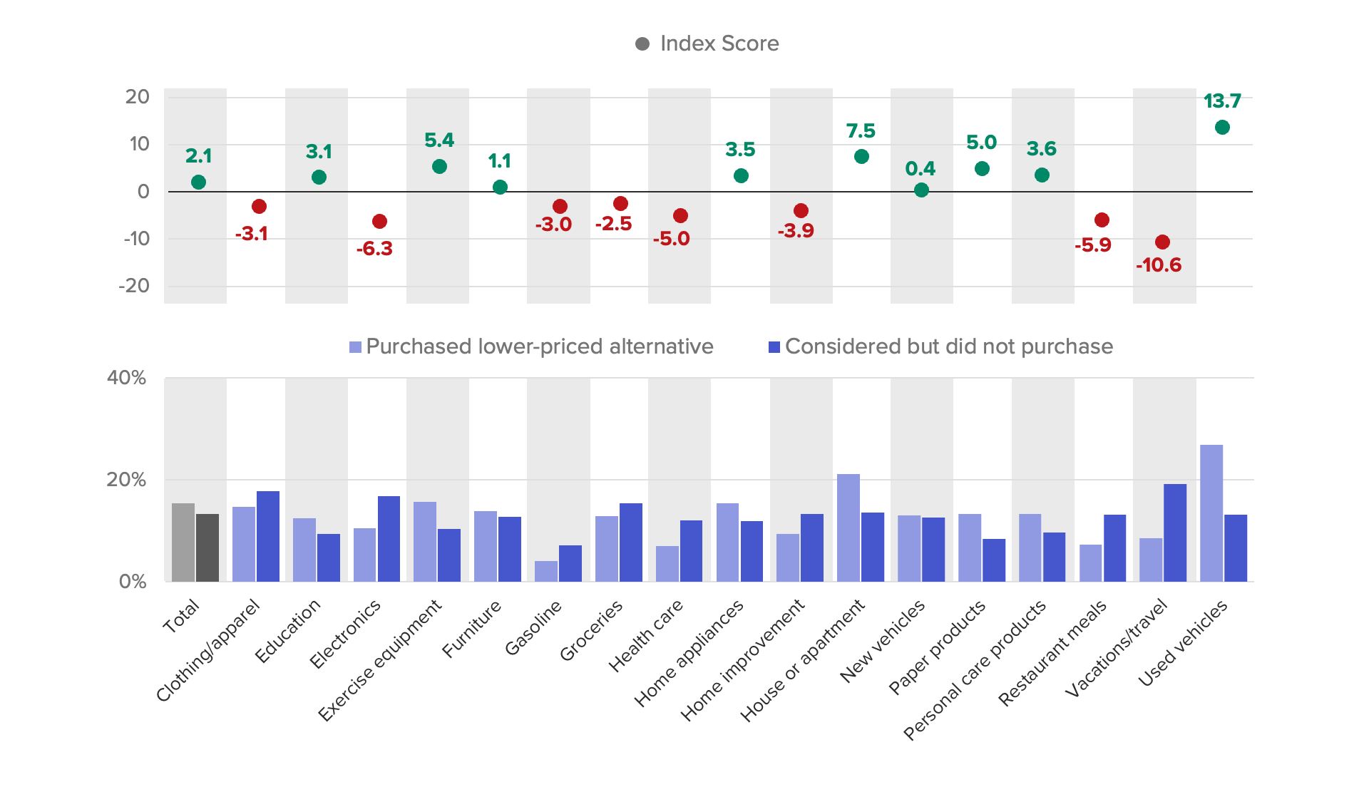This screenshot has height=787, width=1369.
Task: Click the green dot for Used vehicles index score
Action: click(x=1222, y=128)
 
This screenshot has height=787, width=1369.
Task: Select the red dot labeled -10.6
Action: click(x=1162, y=242)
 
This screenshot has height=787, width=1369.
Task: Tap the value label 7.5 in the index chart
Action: click(x=861, y=131)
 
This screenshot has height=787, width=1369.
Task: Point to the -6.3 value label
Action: click(x=374, y=249)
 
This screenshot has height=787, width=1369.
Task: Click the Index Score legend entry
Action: click(x=707, y=43)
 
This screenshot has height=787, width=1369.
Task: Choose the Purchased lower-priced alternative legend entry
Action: click(x=531, y=346)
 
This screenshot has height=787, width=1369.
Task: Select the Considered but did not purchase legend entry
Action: click(x=940, y=346)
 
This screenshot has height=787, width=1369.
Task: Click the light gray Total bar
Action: click(x=183, y=542)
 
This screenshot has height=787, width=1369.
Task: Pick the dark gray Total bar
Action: click(x=207, y=547)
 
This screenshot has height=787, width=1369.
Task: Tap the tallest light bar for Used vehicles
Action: click(x=1211, y=513)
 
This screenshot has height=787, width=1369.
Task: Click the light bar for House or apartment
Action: click(x=848, y=528)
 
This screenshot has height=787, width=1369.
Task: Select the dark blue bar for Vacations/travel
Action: click(x=1175, y=533)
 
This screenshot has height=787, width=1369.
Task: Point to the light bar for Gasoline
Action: click(x=546, y=571)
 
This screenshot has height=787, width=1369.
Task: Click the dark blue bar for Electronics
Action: click(x=389, y=539)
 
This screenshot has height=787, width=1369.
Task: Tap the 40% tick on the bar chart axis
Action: click(x=126, y=378)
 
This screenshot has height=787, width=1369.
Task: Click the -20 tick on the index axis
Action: click(x=134, y=286)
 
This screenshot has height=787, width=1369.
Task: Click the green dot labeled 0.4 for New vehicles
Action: click(x=921, y=190)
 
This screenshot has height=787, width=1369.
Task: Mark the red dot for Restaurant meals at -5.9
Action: click(x=1102, y=220)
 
